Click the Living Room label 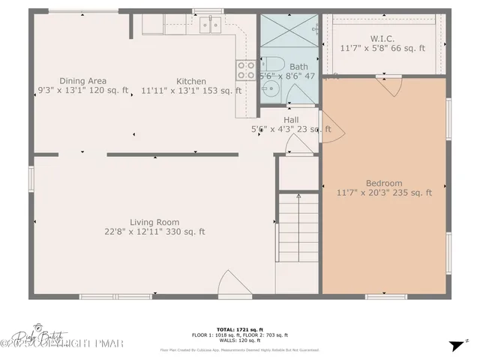coord(154,222)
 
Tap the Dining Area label coord(83,81)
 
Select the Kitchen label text coord(191,81)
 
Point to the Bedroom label coord(384,183)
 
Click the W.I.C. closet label coord(382,38)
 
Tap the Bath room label coord(288,67)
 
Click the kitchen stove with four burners coord(245,70)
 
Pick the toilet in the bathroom coord(272,64)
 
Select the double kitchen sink coord(209,26)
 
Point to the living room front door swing coord(229,286)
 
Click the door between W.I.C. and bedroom coord(388,85)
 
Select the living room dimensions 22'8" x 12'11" coord(154,232)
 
